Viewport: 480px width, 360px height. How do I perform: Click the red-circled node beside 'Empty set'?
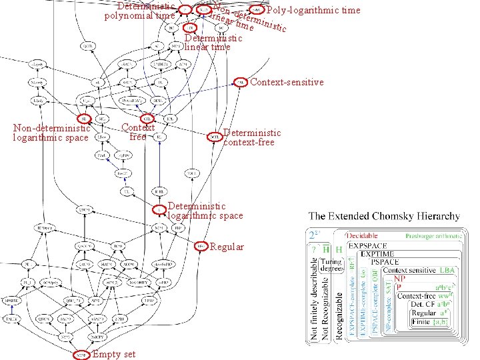81,353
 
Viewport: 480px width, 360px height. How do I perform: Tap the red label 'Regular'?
227,247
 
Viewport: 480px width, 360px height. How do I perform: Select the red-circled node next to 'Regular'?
201,247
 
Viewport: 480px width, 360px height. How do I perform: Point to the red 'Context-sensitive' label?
287,83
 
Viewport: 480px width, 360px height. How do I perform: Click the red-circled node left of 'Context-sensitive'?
241,83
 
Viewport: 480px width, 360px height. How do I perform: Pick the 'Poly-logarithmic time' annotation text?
313,10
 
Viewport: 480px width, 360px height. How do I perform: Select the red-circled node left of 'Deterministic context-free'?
215,137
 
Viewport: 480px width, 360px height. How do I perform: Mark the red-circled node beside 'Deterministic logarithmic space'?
160,210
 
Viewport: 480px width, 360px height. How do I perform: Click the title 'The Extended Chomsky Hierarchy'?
384,217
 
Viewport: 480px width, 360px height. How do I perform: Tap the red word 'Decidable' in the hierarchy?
362,235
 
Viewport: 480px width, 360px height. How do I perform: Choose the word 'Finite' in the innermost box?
421,322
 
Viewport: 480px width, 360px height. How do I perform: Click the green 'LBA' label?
447,271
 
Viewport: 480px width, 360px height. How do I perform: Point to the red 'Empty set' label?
114,354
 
